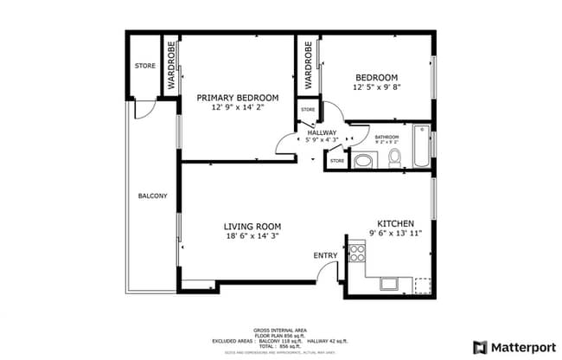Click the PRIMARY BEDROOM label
click(237, 97)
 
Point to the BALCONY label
click(153, 196)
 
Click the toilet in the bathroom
click(394, 157)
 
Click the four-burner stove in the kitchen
click(356, 253)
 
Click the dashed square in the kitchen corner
click(422, 285)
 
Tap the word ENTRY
click(325, 255)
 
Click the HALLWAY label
click(322, 132)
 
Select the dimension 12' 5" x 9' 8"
click(375, 87)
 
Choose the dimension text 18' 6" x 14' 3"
click(253, 235)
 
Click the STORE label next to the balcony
click(144, 66)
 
